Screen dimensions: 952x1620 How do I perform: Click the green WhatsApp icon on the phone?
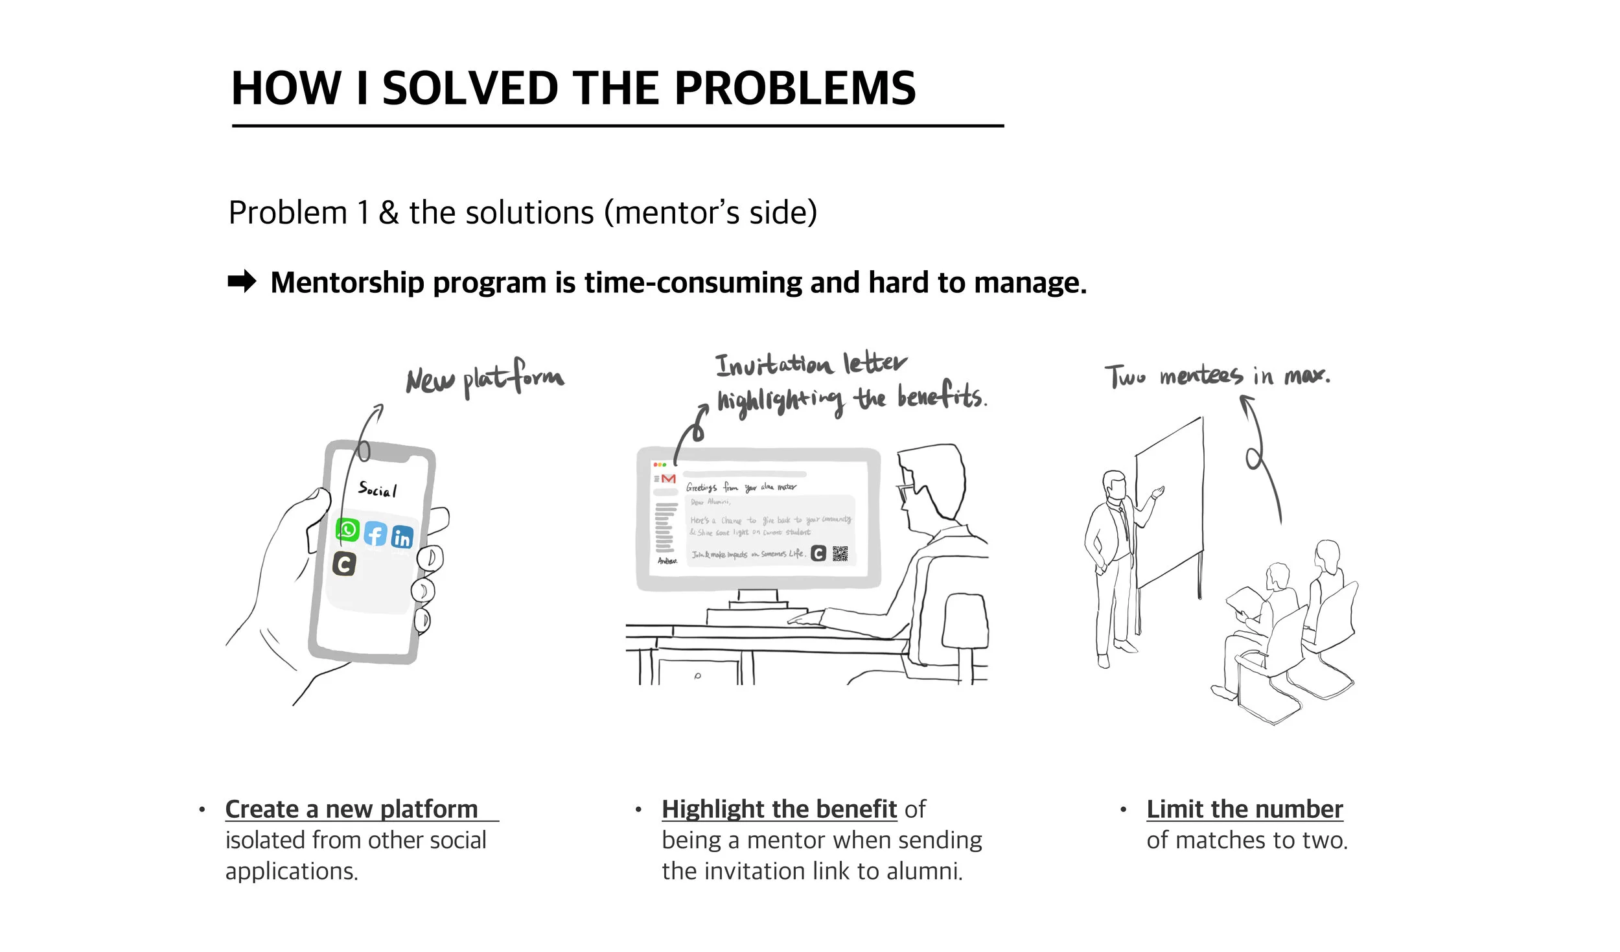(348, 529)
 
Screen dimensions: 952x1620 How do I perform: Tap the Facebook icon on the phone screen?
(375, 534)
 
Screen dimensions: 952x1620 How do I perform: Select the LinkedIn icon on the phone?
(402, 537)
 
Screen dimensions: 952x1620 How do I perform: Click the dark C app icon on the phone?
(344, 564)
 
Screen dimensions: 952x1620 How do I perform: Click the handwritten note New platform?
(485, 378)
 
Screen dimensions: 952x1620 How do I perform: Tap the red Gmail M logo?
(668, 479)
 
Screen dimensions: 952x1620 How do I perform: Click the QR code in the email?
(840, 553)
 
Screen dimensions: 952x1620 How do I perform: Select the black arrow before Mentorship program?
(242, 282)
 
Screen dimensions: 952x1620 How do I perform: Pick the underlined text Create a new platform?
(352, 809)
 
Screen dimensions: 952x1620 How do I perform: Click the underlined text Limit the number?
(1244, 809)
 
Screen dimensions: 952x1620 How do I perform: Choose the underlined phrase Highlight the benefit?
(779, 809)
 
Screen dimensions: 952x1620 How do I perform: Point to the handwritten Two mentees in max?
(1217, 376)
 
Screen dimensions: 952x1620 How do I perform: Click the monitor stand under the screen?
(758, 599)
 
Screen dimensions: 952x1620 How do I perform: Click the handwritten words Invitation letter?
(810, 364)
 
